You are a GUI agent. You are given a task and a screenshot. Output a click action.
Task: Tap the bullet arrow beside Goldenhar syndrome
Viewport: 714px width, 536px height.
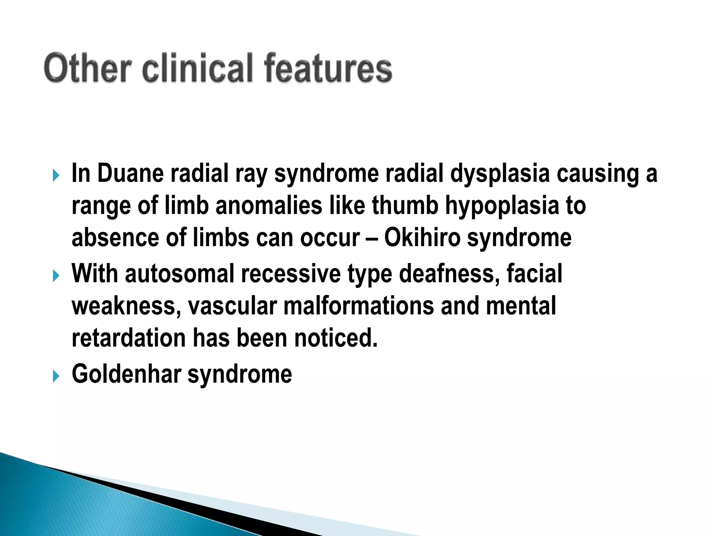(x=56, y=376)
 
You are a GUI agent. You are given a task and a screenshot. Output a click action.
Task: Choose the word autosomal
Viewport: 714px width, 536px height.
(x=180, y=274)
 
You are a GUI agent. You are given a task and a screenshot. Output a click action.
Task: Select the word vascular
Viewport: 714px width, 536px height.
(x=233, y=306)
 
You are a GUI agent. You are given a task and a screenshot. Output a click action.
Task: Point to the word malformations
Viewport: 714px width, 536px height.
(x=359, y=306)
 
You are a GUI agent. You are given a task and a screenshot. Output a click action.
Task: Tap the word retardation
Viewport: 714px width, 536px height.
(x=129, y=338)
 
